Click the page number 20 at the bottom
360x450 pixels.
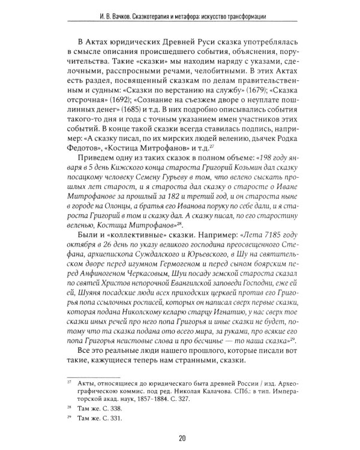click(180, 437)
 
